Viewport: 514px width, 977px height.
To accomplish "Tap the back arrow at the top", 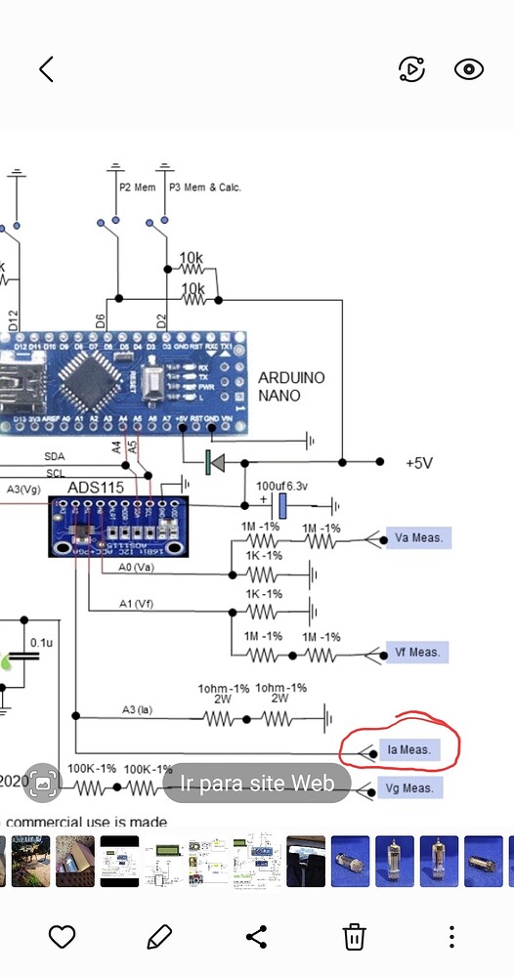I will click(x=46, y=68).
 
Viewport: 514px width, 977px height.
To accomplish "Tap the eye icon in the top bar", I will click(x=469, y=68).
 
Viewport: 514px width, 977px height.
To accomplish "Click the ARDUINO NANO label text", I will click(x=291, y=387).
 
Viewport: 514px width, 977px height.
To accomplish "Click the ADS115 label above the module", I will click(x=96, y=487).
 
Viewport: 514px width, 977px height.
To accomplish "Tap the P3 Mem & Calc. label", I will click(x=204, y=187).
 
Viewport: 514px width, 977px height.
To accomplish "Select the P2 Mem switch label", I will click(x=137, y=187).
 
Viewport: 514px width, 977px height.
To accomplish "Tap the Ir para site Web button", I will click(x=256, y=783).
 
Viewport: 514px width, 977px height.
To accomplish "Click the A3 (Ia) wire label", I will click(x=139, y=709).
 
